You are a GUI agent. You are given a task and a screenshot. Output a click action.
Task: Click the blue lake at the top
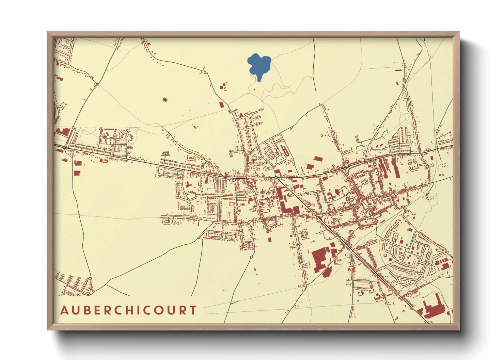coord(259,66)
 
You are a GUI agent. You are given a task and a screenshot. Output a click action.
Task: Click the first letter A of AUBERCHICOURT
coord(64,310)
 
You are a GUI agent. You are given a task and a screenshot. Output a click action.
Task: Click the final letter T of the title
coord(193,310)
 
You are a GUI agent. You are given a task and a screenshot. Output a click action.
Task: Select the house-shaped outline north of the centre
coord(253,157)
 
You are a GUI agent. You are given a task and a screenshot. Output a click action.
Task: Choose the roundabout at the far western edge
coord(65,149)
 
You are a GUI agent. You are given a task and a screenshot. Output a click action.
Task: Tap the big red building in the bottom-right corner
coord(434,308)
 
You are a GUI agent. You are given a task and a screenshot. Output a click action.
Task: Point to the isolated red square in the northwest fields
coord(165,100)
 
